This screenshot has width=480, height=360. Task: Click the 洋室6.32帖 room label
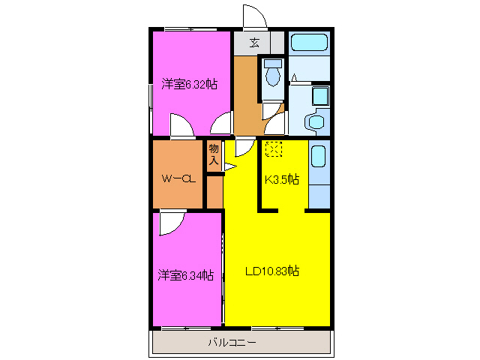(x=189, y=85)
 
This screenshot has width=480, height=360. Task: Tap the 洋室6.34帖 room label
(x=185, y=275)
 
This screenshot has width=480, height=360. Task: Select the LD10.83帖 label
(x=273, y=271)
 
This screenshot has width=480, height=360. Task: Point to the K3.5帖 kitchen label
(x=281, y=179)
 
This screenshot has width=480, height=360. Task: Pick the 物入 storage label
(x=214, y=154)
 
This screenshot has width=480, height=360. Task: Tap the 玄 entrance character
(x=255, y=43)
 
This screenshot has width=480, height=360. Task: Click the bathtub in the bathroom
(x=310, y=44)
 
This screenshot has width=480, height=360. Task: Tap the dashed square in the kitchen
(x=273, y=149)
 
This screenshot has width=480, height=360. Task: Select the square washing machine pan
(x=321, y=96)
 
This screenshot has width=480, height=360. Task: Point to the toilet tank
(x=273, y=63)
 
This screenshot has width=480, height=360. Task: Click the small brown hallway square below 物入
(x=214, y=192)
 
